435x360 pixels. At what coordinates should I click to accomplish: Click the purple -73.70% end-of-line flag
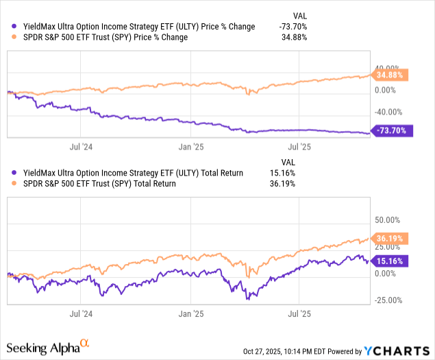click(392, 130)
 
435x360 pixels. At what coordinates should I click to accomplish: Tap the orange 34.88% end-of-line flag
click(390, 75)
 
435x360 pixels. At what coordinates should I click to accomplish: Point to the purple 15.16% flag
click(390, 261)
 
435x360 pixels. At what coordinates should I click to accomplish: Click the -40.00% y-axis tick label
click(388, 112)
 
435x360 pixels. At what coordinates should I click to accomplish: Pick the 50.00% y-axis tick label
click(387, 220)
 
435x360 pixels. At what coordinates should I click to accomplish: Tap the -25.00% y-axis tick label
click(388, 300)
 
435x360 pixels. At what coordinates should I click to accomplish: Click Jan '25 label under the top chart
click(191, 147)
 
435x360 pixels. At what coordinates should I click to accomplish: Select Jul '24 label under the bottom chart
click(81, 314)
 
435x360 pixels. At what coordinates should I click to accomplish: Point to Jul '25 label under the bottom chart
click(299, 314)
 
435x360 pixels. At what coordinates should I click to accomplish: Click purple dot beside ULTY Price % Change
click(14, 26)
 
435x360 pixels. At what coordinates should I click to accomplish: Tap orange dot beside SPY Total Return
click(14, 183)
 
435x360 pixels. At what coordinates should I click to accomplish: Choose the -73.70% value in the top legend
click(293, 27)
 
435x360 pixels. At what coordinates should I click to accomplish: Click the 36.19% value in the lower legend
click(282, 184)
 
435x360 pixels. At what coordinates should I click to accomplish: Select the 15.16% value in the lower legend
click(282, 173)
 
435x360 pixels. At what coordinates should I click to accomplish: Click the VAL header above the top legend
click(300, 16)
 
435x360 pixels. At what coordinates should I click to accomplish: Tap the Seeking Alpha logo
click(48, 347)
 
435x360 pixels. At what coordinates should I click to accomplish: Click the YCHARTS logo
click(397, 351)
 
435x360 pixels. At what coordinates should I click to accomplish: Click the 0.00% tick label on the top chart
click(386, 91)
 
